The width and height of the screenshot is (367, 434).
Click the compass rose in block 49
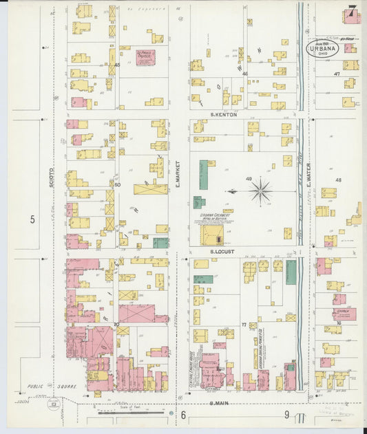point(260,191)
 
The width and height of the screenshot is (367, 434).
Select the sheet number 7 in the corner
point(352,12)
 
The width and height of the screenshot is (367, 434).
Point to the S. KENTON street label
point(224,114)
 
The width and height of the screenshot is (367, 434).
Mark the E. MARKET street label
point(178,181)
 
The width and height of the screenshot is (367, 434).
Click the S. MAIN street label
point(219,403)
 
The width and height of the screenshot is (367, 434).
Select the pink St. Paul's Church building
point(145,58)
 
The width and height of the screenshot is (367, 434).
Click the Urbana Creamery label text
point(214,215)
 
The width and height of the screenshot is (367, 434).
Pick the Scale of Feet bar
point(131,413)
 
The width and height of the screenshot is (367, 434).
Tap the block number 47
point(337,74)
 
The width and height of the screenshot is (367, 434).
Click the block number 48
point(338,180)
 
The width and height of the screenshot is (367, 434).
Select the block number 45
point(117,65)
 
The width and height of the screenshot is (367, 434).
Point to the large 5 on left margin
point(32,219)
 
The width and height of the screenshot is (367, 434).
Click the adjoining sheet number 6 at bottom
point(184,415)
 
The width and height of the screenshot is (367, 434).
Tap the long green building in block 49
point(204,175)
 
